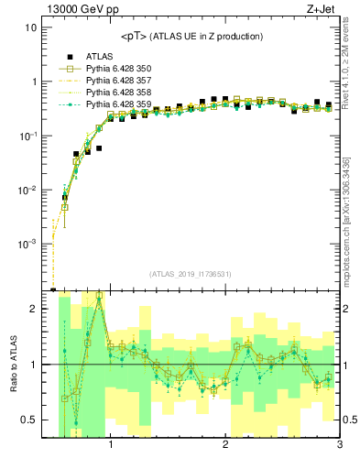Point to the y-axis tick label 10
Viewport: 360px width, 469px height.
[x=30, y=27]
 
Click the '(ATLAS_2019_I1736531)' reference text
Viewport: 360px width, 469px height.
[x=191, y=274]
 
